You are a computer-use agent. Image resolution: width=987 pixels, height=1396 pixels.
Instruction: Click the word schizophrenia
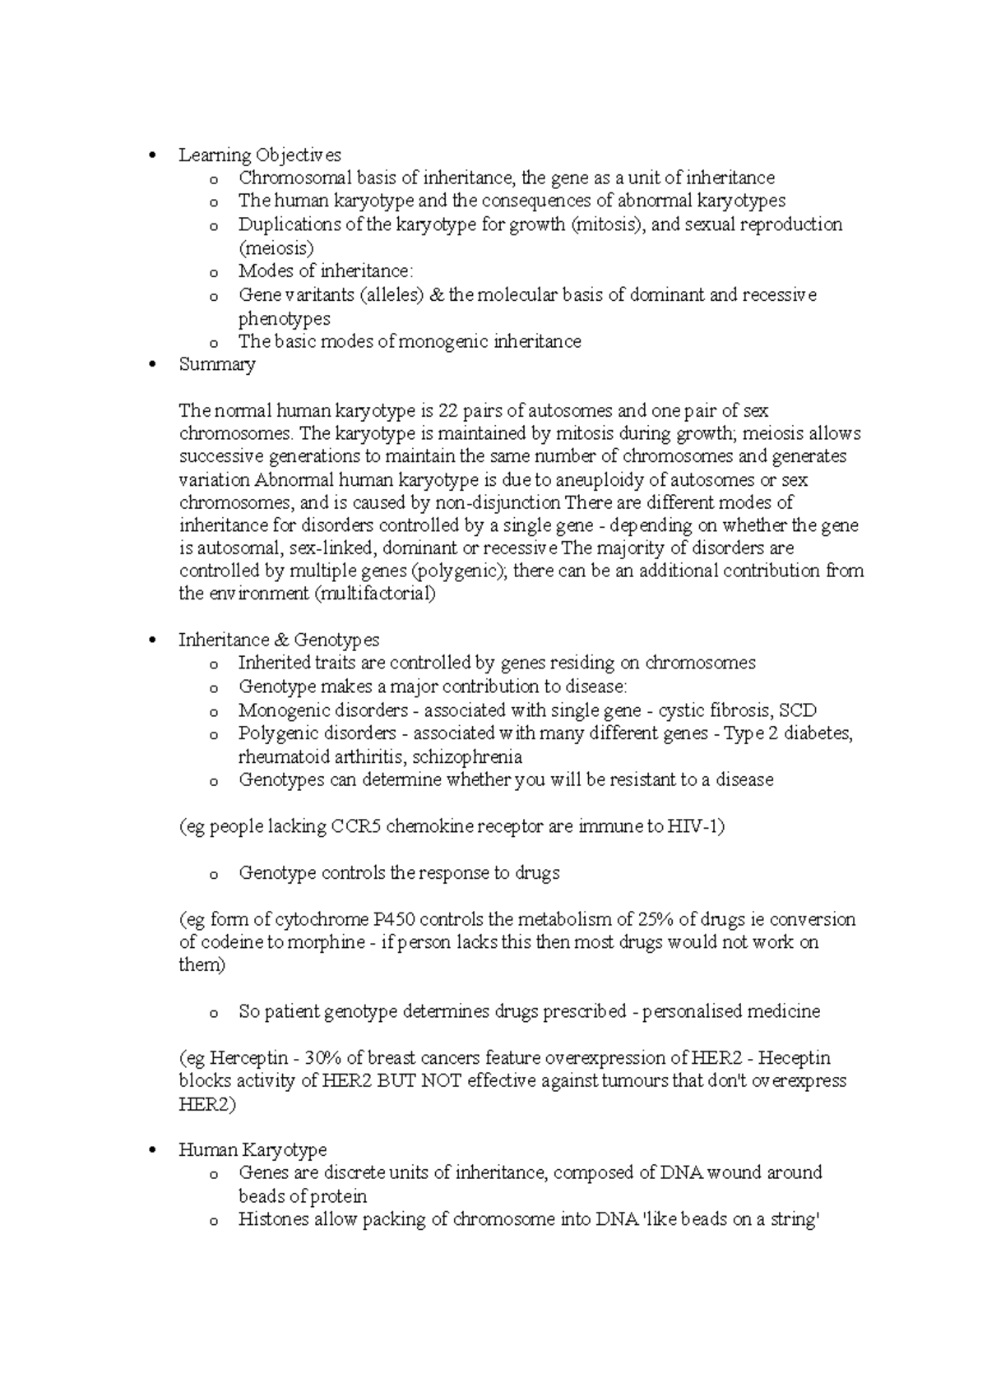pos(467,756)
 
